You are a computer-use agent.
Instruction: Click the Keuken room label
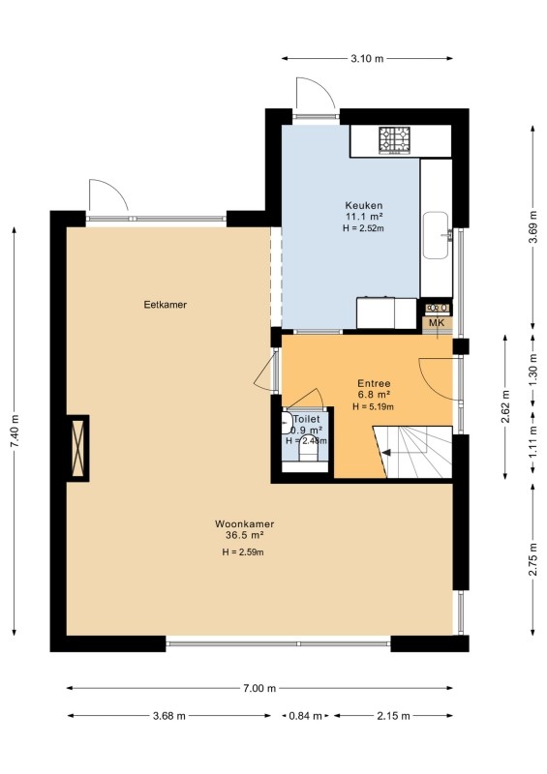click(364, 205)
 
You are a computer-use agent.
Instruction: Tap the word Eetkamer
click(165, 305)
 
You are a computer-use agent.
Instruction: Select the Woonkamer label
click(244, 523)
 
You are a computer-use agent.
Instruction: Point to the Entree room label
click(374, 383)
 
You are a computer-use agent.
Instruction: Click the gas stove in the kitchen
click(395, 139)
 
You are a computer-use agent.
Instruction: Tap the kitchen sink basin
click(436, 235)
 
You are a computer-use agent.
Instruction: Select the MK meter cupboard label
click(437, 323)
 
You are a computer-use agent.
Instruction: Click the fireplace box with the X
click(78, 448)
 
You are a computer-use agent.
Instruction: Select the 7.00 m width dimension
click(259, 688)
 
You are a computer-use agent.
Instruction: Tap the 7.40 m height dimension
click(15, 432)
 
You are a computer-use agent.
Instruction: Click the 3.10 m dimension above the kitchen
click(367, 59)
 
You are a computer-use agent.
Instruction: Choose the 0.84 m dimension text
click(305, 716)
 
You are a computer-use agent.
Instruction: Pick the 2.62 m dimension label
click(505, 406)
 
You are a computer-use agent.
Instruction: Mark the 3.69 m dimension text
click(532, 227)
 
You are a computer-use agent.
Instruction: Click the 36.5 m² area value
click(244, 535)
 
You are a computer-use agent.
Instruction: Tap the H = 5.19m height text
click(374, 406)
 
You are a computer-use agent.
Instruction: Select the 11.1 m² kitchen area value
click(365, 216)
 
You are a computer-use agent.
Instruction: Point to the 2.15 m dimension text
click(393, 716)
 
